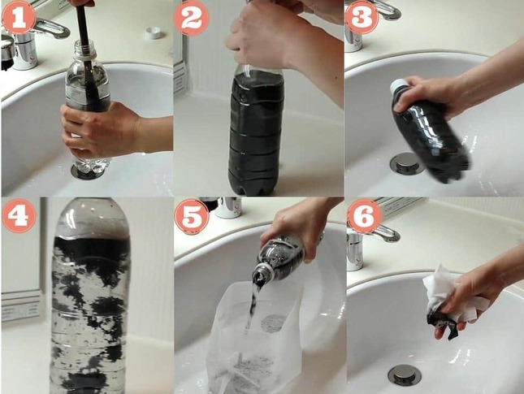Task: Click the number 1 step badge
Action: pos(19,17)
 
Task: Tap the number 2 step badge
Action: pos(191,18)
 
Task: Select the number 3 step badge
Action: pos(362,17)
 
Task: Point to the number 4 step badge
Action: pos(19,215)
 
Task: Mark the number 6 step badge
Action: pos(364,215)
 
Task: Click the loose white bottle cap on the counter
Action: pos(154,32)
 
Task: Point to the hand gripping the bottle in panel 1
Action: pos(100,128)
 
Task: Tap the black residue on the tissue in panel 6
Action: pos(441,321)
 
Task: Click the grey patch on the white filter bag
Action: pos(273,323)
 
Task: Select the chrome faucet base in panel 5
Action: pos(228,207)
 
